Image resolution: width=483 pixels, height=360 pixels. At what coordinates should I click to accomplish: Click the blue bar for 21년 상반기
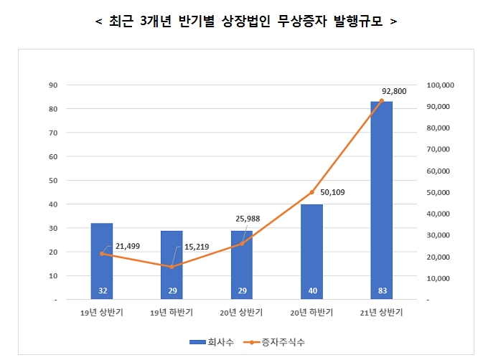[x=381, y=201]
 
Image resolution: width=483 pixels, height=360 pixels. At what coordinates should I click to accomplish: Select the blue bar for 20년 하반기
[x=311, y=252]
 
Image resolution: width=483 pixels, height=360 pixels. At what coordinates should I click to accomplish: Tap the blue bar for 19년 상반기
[x=102, y=261]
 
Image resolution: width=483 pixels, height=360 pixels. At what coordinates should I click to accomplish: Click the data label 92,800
[x=395, y=90]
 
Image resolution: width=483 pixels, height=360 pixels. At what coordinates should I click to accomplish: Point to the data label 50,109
[x=333, y=191]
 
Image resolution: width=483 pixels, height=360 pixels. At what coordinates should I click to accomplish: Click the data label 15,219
[x=197, y=247]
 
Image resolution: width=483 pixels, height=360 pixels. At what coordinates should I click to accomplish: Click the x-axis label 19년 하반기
[x=172, y=312]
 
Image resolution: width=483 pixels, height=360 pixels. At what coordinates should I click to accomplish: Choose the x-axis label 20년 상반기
[x=242, y=312]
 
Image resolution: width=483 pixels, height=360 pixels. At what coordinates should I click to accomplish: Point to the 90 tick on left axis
[x=52, y=85]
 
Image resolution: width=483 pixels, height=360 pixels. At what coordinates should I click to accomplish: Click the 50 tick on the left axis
[x=52, y=181]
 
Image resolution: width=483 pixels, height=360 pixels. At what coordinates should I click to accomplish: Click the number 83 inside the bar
[x=381, y=291]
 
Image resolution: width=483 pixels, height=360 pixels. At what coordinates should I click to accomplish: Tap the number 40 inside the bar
[x=311, y=291]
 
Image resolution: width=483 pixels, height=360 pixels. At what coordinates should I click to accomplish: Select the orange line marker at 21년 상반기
[x=381, y=101]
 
